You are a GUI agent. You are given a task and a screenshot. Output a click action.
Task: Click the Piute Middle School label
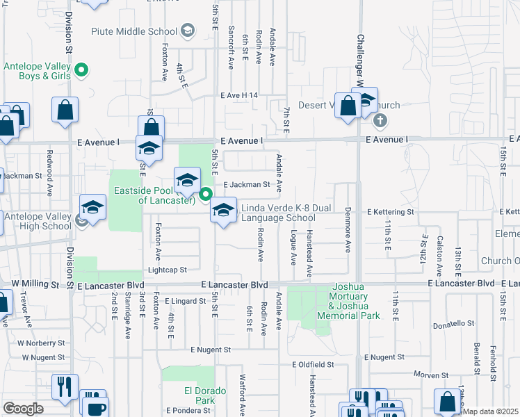tap(134, 31)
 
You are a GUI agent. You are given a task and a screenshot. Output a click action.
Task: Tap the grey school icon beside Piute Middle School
tap(187, 31)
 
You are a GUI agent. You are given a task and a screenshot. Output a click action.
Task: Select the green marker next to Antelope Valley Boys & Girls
tap(81, 69)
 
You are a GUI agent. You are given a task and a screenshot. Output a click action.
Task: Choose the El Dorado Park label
tap(205, 395)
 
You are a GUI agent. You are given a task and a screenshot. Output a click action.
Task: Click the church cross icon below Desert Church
tap(379, 121)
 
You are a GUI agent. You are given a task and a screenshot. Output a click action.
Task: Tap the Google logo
tap(23, 408)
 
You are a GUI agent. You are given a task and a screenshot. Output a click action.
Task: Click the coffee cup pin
tap(95, 407)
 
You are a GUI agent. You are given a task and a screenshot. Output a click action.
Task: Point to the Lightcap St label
tap(167, 270)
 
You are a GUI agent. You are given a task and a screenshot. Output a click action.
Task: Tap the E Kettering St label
tap(390, 211)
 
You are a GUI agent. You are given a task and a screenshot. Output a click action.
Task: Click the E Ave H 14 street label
tap(238, 95)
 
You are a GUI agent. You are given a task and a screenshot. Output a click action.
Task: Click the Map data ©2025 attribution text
tap(490, 411)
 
